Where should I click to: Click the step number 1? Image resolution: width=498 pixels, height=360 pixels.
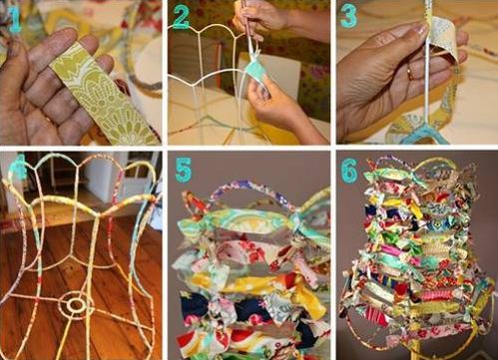click(15, 21)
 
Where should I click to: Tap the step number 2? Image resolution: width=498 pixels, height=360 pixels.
click(182, 17)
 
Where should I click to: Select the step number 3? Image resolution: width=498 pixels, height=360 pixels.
click(348, 17)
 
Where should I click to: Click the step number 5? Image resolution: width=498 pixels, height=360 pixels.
click(184, 170)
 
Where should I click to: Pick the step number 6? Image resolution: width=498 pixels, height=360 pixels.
click(349, 171)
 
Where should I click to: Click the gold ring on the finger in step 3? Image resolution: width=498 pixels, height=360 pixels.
click(411, 73)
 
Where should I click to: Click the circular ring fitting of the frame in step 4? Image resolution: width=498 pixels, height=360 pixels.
click(76, 303)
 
